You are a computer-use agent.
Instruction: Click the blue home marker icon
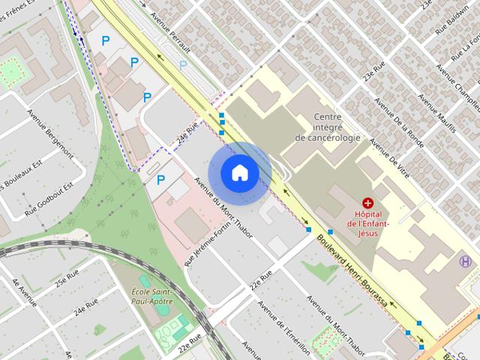pyautogui.click(x=239, y=172)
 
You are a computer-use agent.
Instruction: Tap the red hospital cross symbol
pyautogui.click(x=368, y=202)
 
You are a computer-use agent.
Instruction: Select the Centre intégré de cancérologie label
pyautogui.click(x=327, y=127)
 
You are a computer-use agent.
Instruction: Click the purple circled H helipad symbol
pyautogui.click(x=466, y=261)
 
